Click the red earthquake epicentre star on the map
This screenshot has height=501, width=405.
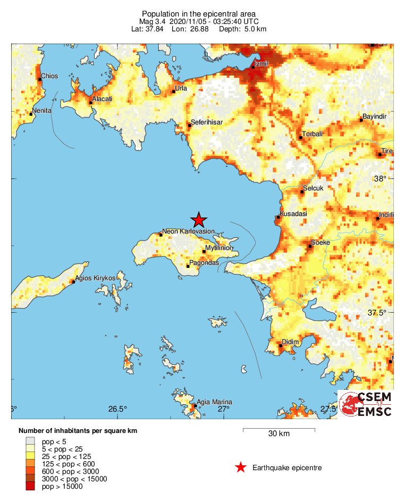click(199, 220)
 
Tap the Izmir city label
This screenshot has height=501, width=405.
click(262, 64)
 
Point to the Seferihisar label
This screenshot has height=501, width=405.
click(207, 122)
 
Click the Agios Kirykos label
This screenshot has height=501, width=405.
click(96, 278)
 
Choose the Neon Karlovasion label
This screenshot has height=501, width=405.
click(188, 231)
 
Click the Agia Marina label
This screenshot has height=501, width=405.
click(215, 402)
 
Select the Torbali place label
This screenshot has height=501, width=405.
click(313, 134)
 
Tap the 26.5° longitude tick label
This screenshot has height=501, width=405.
click(118, 409)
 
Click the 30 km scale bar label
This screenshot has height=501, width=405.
click(279, 434)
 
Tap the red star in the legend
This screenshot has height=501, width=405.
click(241, 467)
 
